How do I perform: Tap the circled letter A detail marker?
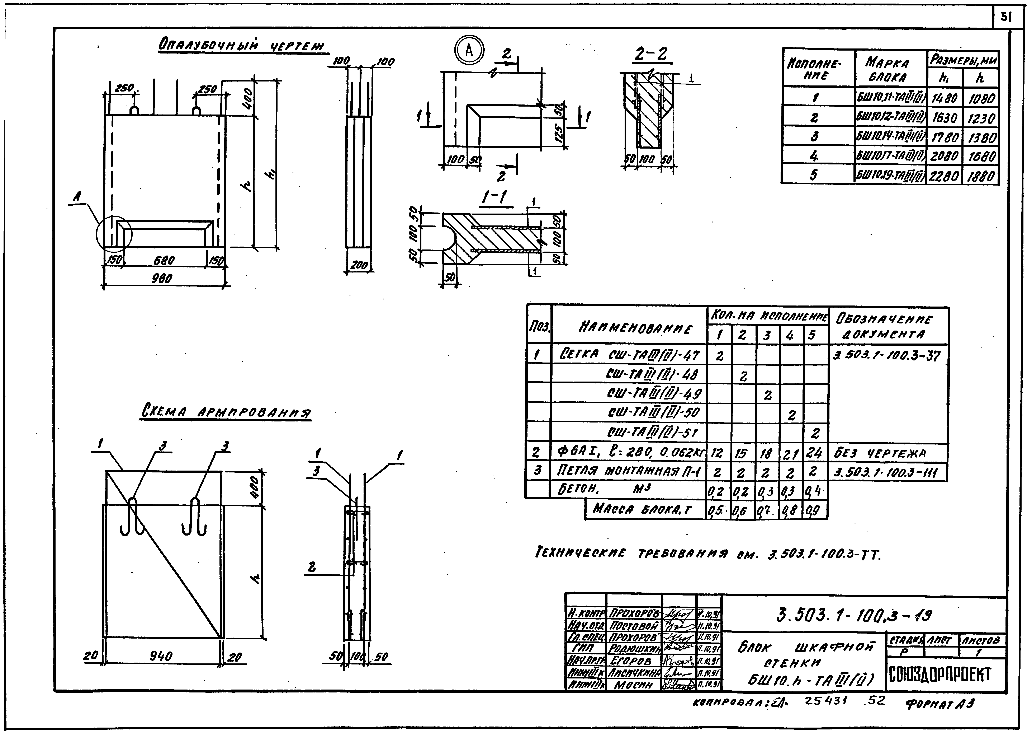pyautogui.click(x=469, y=51)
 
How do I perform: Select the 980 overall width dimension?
pyautogui.click(x=161, y=279)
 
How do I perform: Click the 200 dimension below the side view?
pyautogui.click(x=359, y=265)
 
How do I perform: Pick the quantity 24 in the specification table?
pyautogui.click(x=815, y=453)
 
